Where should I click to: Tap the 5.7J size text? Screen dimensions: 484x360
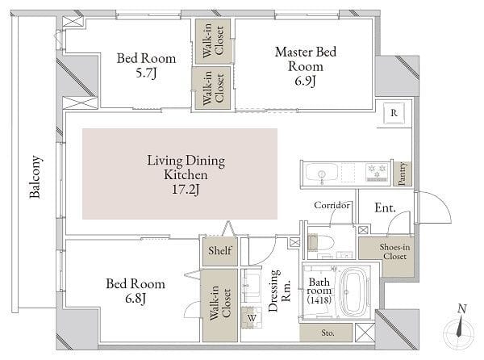(146, 73)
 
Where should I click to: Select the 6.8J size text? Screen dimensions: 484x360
(136, 299)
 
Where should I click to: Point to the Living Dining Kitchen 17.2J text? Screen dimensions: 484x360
(186, 174)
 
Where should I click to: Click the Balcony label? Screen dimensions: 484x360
(35, 177)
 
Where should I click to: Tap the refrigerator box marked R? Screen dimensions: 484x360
(394, 113)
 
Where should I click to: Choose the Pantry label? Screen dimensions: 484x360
(402, 174)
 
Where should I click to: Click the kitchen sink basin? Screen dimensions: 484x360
(321, 173)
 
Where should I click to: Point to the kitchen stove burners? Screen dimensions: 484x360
(376, 172)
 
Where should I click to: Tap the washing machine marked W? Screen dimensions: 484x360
(252, 318)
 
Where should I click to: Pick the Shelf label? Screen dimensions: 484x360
(219, 250)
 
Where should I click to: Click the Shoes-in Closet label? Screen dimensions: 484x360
(394, 251)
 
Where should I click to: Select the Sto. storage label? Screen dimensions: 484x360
(328, 333)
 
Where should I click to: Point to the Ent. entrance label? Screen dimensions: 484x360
(385, 207)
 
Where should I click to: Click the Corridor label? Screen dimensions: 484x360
(332, 205)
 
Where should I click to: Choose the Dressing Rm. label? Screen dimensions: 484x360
(280, 291)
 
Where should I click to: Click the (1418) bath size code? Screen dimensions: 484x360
(319, 299)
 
